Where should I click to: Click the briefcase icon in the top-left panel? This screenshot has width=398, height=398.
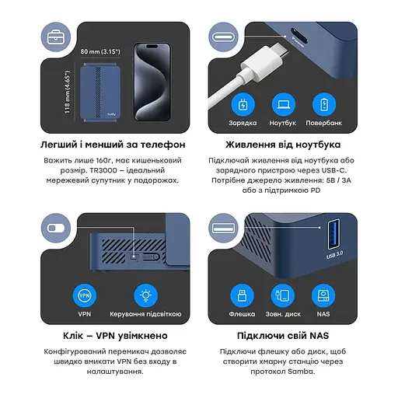55,37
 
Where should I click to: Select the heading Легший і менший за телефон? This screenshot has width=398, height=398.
113,145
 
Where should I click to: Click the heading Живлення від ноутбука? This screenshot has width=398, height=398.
282,145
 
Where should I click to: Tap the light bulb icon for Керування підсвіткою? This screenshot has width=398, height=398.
145,295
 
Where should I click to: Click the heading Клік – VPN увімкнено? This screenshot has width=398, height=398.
113,336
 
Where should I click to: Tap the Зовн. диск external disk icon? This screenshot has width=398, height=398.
283,295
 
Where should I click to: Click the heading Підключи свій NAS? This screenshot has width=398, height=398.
282,336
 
